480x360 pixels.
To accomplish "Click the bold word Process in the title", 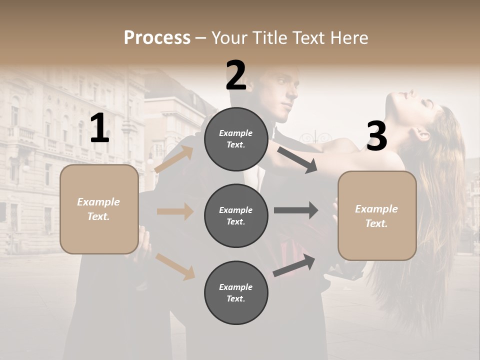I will tap(157, 37).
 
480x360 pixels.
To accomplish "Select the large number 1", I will tap(99, 128).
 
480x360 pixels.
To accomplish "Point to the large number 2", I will tap(236, 75).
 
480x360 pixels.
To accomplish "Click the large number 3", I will tap(376, 136).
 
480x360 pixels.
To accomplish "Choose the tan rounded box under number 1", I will tap(99, 209).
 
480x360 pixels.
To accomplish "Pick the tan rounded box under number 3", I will tap(377, 215).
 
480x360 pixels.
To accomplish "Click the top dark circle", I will tap(236, 139).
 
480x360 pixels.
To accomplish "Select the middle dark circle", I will tap(236, 215).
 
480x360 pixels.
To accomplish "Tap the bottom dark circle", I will tap(236, 292).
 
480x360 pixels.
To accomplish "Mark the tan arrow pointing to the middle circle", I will tap(175, 211).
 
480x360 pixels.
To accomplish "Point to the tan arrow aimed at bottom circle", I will tap(175, 266).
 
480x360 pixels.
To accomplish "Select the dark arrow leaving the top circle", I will tap(297, 159).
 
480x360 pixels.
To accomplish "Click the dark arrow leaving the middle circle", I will tap(296, 210).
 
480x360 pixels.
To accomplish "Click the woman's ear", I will tap(421, 133).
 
